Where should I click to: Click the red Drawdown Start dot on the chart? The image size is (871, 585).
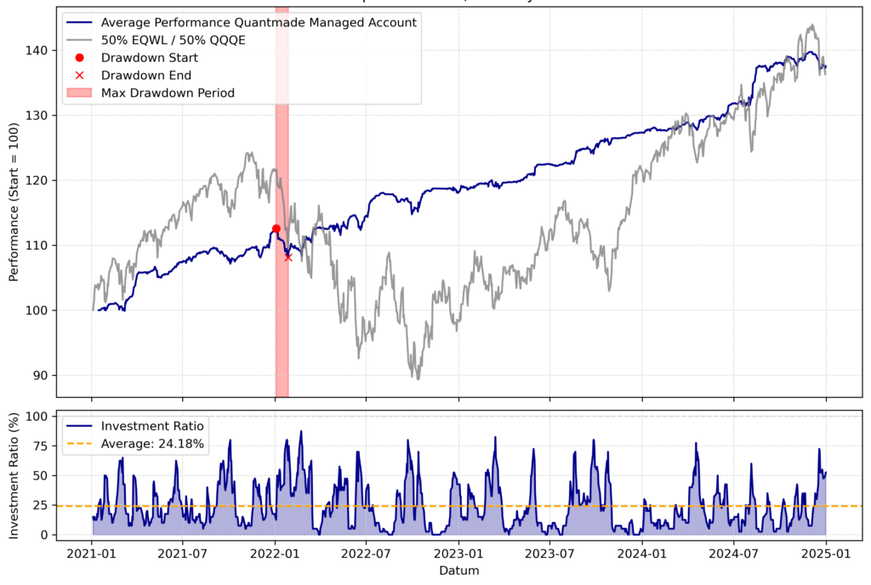pos(276,229)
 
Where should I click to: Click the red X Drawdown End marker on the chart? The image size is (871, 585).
pos(288,257)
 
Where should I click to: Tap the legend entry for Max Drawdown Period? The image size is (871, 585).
pos(167,93)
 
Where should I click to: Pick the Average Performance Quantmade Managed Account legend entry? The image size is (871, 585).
pos(258,22)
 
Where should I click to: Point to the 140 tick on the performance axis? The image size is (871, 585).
pos(42,50)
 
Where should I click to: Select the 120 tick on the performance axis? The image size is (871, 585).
pos(42,180)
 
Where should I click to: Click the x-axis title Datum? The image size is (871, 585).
pos(458,571)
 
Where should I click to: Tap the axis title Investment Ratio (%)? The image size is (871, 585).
pos(14,475)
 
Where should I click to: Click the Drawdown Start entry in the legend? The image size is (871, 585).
pos(149,58)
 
